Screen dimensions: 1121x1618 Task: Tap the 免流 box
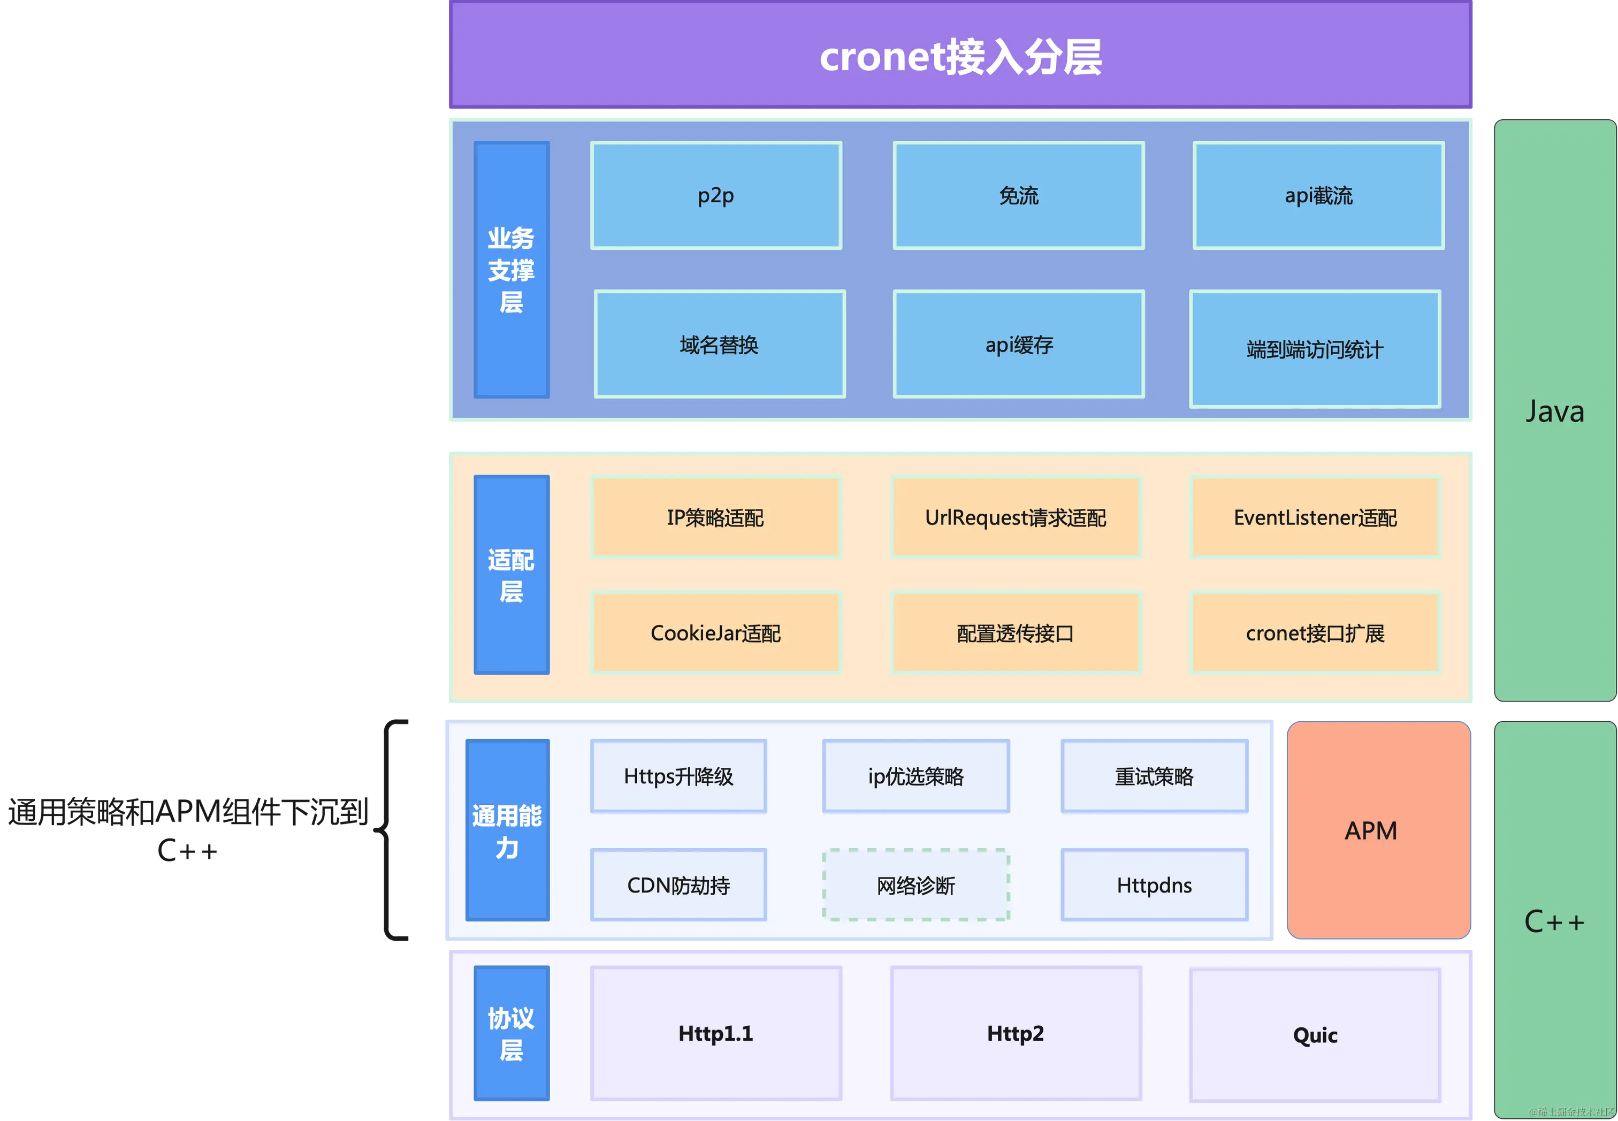point(1018,195)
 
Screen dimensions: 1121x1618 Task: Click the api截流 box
point(1318,195)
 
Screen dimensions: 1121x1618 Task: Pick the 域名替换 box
point(719,344)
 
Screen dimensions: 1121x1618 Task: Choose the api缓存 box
point(1018,344)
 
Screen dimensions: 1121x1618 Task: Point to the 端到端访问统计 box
point(1315,349)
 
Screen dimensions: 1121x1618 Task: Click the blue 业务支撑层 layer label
point(512,270)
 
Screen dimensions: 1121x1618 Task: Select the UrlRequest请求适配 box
point(1016,517)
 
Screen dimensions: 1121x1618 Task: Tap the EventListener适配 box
point(1315,517)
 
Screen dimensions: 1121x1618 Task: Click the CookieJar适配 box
point(715,633)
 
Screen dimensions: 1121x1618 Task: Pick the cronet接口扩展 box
point(1315,633)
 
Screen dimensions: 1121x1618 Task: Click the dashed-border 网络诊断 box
point(916,885)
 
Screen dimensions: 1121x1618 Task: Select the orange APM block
point(1377,830)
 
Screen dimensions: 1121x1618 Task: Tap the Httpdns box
point(1154,885)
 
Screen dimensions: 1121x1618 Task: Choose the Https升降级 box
point(678,776)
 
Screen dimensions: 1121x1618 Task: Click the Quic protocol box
point(1315,1035)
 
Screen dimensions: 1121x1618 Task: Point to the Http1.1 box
point(715,1033)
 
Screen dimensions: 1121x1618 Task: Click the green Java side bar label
point(1555,411)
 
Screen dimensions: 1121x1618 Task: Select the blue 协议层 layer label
point(512,1033)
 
